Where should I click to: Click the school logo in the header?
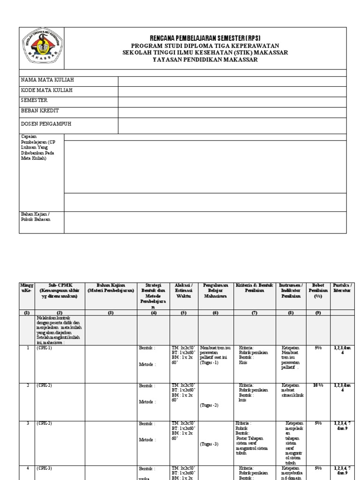[x=41, y=48]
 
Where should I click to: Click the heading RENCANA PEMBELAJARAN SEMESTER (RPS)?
[x=205, y=38]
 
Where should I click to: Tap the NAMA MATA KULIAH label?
[x=47, y=81]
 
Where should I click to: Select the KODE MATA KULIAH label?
[x=47, y=90]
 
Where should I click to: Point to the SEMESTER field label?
[x=34, y=100]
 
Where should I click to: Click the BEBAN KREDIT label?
[x=40, y=111]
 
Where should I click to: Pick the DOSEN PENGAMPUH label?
[x=46, y=124]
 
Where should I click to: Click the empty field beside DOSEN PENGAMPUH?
[x=232, y=125]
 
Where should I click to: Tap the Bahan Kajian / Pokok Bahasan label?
[x=36, y=217]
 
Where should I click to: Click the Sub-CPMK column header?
[x=60, y=291]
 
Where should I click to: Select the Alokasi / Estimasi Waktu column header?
[x=184, y=291]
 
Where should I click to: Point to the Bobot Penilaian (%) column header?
[x=318, y=291]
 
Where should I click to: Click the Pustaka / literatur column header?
[x=342, y=288]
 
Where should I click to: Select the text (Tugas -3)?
[x=209, y=443]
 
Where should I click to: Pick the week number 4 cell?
[x=27, y=468]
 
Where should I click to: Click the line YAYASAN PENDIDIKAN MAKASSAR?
[x=205, y=60]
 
